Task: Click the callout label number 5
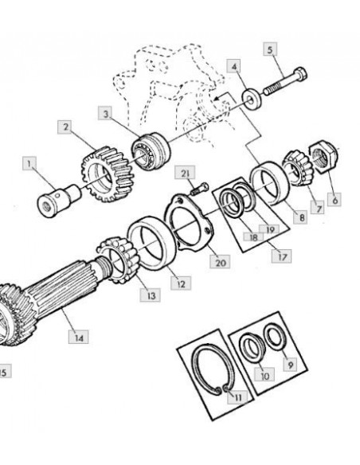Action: tap(270, 49)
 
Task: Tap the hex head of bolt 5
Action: tap(300, 74)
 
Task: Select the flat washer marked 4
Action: tap(252, 97)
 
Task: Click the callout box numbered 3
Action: tap(106, 114)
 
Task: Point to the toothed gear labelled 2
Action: tap(108, 174)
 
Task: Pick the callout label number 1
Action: tap(29, 163)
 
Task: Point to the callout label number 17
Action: tap(281, 256)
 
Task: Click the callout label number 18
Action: tap(253, 236)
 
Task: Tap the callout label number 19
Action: tap(269, 229)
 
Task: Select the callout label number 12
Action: tap(181, 283)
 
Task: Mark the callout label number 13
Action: tap(150, 295)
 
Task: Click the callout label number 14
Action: tap(78, 337)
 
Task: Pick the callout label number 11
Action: tap(237, 397)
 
